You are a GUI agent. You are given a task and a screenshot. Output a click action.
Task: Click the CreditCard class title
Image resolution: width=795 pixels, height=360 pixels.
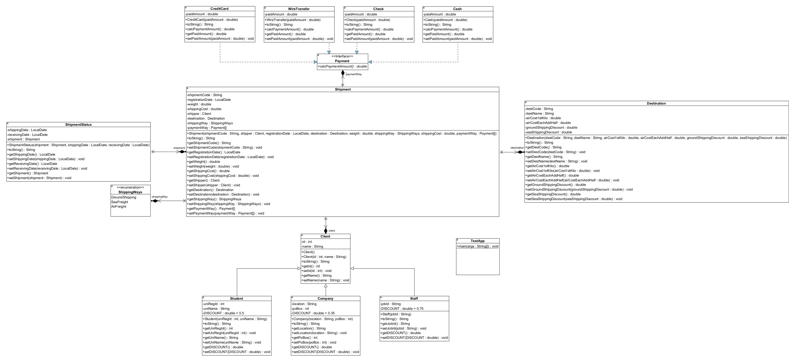pos(219,9)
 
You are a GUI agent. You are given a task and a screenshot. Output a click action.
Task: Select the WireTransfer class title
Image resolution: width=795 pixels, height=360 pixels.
pos(299,9)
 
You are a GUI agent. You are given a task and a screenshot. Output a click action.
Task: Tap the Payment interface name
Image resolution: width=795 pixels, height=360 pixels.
pos(342,61)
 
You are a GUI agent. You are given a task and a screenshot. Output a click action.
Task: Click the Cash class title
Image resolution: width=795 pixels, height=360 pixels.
pos(457,9)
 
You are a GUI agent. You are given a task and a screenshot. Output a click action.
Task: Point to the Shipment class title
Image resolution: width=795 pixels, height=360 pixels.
pos(343,90)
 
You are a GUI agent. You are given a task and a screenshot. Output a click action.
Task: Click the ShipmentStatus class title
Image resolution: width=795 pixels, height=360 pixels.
pos(78,125)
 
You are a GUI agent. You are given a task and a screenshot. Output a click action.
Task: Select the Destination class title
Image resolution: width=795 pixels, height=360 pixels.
pos(656,103)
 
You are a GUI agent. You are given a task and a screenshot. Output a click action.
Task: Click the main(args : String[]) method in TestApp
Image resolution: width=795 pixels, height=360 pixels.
pos(477,246)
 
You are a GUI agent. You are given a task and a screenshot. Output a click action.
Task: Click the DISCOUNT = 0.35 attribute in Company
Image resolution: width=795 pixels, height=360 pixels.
pos(313,313)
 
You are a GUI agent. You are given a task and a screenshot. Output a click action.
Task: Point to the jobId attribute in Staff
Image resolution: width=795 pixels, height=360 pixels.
pos(391,304)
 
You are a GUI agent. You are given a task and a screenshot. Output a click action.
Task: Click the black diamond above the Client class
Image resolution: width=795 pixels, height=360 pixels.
pos(326,231)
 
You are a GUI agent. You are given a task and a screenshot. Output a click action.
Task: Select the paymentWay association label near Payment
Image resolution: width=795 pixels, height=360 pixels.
pos(354,74)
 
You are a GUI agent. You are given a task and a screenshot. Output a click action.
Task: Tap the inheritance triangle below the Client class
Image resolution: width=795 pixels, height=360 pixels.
pos(326,286)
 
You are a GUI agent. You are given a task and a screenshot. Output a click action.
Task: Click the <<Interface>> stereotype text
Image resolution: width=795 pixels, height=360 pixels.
pos(342,56)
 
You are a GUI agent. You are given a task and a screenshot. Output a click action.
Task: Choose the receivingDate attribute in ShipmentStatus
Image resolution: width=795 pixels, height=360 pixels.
pos(27,134)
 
